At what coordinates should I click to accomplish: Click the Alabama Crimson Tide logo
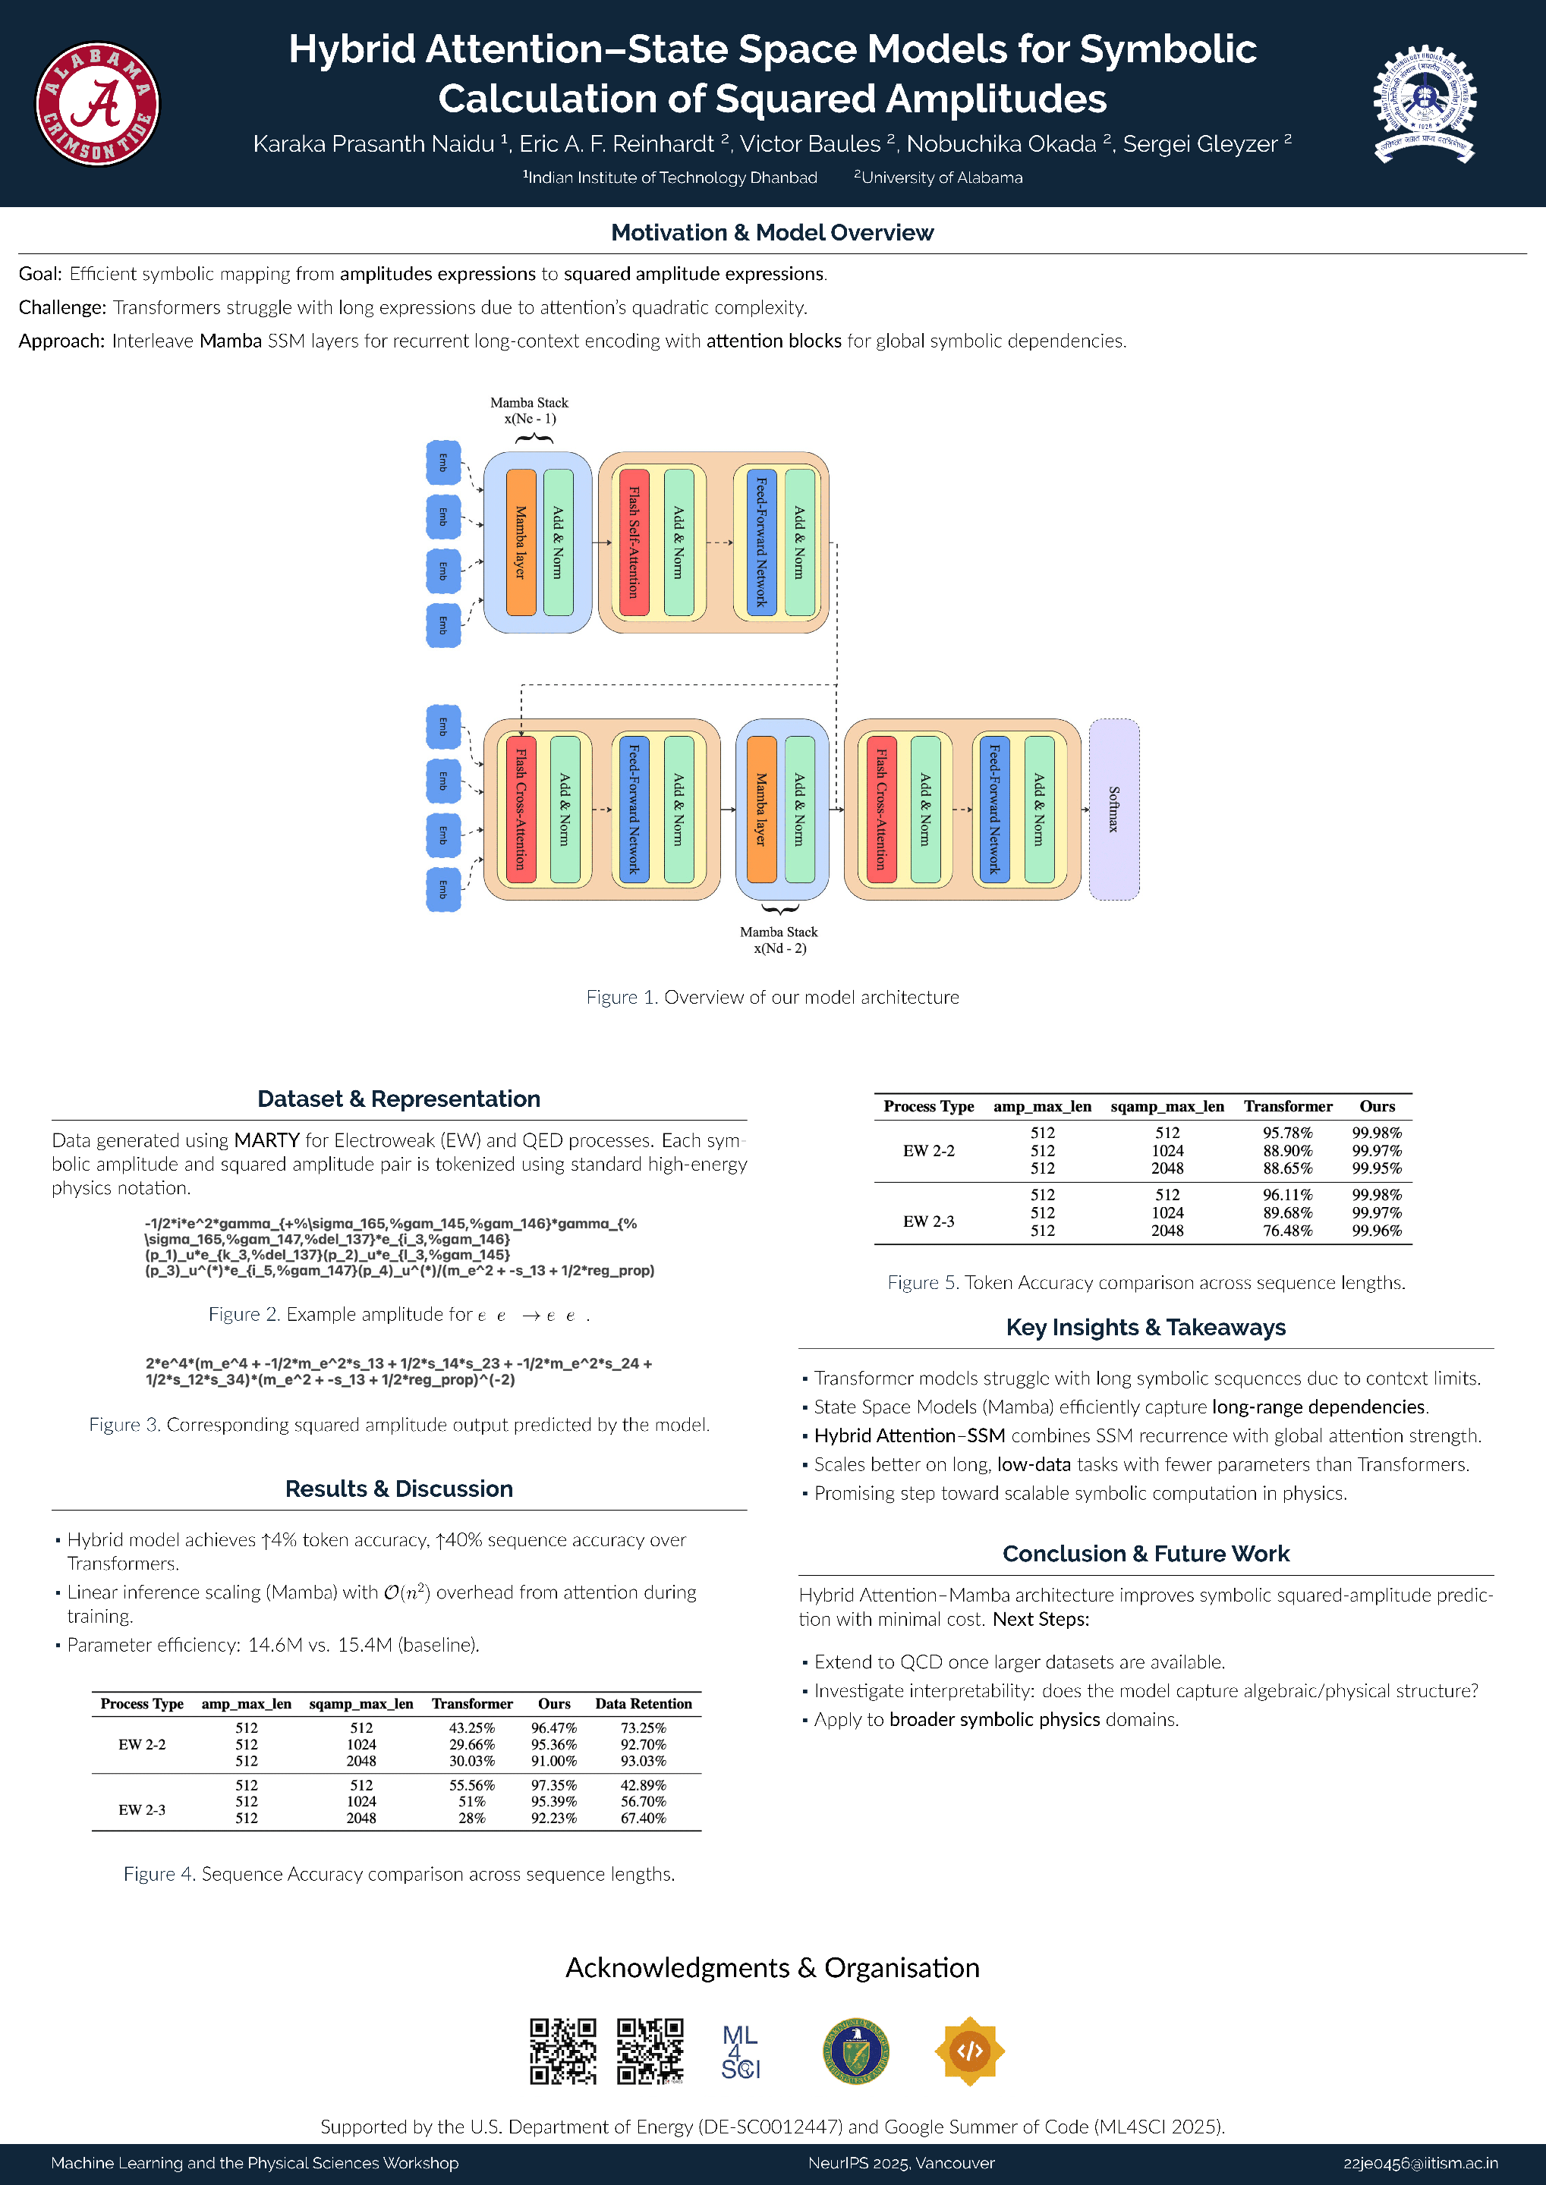pyautogui.click(x=97, y=104)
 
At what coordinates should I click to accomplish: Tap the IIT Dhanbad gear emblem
pyautogui.click(x=1423, y=104)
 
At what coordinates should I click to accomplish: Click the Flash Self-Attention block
pyautogui.click(x=633, y=542)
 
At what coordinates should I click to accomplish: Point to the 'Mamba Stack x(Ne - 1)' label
pyautogui.click(x=528, y=410)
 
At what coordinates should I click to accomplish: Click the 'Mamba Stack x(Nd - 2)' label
pyautogui.click(x=779, y=939)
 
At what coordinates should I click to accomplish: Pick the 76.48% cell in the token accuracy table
pyautogui.click(x=1287, y=1231)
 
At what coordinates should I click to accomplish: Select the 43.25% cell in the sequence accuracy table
pyautogui.click(x=471, y=1728)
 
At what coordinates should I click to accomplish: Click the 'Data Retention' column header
pyautogui.click(x=644, y=1703)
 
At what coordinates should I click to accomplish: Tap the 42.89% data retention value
pyautogui.click(x=643, y=1785)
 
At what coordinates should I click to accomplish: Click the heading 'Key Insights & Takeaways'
pyautogui.click(x=1145, y=1327)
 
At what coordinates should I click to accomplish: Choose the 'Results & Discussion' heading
pyautogui.click(x=399, y=1489)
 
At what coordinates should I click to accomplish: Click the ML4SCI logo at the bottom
pyautogui.click(x=740, y=2051)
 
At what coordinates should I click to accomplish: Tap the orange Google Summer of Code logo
pyautogui.click(x=969, y=2051)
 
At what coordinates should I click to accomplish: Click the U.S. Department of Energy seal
pyautogui.click(x=856, y=2051)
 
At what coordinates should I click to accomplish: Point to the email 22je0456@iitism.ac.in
pyautogui.click(x=1420, y=2163)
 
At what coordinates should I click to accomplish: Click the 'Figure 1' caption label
pyautogui.click(x=620, y=996)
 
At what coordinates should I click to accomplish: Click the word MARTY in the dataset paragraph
pyautogui.click(x=266, y=1140)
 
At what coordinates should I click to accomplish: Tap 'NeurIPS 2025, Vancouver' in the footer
pyautogui.click(x=901, y=2163)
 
